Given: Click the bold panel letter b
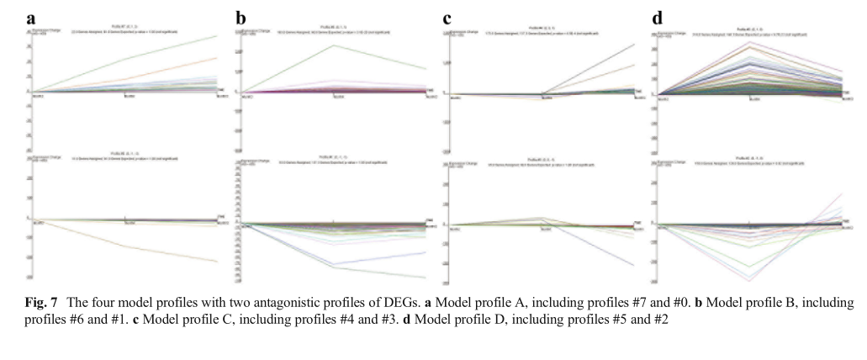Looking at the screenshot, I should pos(241,18).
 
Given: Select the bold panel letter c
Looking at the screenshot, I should pos(447,18).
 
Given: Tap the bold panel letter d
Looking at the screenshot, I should pos(657,18).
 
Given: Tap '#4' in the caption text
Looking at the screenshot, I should pos(341,320).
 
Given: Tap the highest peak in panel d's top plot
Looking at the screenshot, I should pos(750,41).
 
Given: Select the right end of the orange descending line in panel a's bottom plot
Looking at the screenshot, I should pos(217,262).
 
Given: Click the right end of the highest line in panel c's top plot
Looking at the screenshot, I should pos(634,45).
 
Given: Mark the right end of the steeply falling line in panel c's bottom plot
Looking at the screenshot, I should pos(634,266).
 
